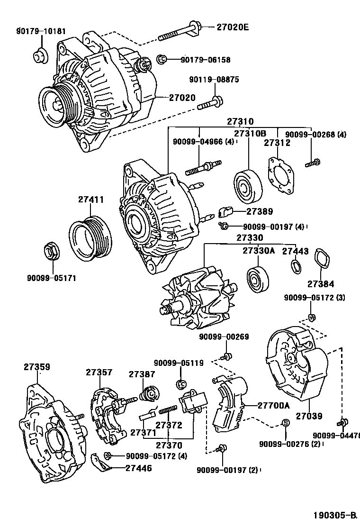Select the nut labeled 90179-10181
pyautogui.click(x=39, y=55)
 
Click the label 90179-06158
pyautogui.click(x=205, y=60)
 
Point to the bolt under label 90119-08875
pyautogui.click(x=208, y=103)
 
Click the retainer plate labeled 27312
pyautogui.click(x=283, y=174)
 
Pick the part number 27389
pyautogui.click(x=260, y=211)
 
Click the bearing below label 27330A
pyautogui.click(x=259, y=280)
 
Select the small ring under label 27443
pyautogui.click(x=296, y=267)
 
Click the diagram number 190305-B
pyautogui.click(x=334, y=515)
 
